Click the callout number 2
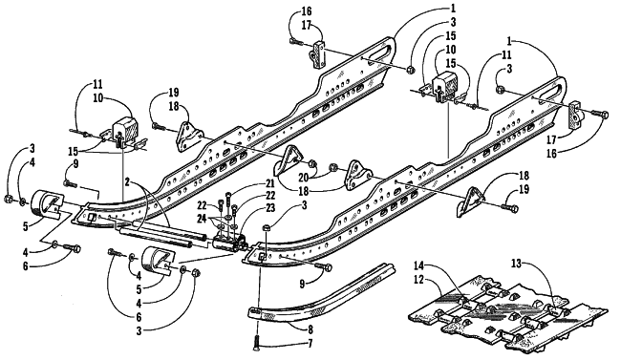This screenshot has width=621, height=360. point(127,182)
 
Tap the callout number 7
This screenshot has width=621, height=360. point(310,343)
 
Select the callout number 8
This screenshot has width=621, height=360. point(310,329)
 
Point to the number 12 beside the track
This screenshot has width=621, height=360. point(418,280)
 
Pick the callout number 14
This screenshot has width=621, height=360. point(419,265)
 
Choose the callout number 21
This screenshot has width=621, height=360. point(268,183)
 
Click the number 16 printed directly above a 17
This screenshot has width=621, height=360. point(306,11)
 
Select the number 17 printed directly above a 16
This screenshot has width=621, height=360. point(551,139)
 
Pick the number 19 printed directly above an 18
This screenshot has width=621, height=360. point(174,93)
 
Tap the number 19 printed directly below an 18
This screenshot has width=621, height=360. point(524,189)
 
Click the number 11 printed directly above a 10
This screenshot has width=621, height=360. point(97,84)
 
